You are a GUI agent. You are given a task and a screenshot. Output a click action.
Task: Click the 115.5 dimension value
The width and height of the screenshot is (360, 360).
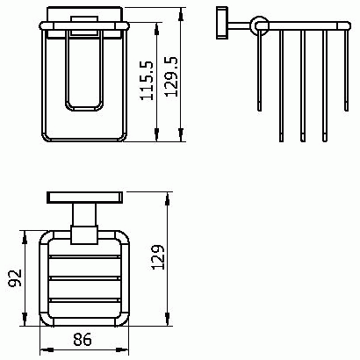[x=147, y=81]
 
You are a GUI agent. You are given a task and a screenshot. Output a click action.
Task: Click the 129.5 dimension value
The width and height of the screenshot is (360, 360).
[x=171, y=76]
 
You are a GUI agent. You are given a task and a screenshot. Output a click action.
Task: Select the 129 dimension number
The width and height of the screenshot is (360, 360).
[x=159, y=257]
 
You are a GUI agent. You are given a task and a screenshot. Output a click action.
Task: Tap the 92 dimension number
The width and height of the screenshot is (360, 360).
[x=15, y=277]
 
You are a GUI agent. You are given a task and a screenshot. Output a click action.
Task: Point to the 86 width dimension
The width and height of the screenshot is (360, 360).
[x=83, y=340]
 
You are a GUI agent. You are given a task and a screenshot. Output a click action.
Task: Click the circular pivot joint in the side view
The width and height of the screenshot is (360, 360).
[x=259, y=25]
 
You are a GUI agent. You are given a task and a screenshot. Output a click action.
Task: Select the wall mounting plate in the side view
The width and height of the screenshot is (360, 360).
[x=222, y=23]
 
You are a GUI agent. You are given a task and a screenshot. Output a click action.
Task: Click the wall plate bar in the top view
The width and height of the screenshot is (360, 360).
[x=84, y=198]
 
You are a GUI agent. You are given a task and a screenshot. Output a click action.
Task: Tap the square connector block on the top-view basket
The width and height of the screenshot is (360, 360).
[x=84, y=234]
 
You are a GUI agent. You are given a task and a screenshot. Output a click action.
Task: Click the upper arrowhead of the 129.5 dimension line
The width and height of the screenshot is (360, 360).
[x=181, y=14]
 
